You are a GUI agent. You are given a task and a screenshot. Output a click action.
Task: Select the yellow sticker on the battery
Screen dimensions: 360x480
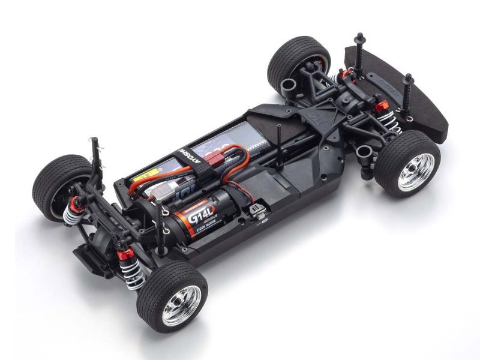coord(143,178)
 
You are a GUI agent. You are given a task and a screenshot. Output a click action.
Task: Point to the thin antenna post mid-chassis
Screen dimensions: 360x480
coord(278,144)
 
